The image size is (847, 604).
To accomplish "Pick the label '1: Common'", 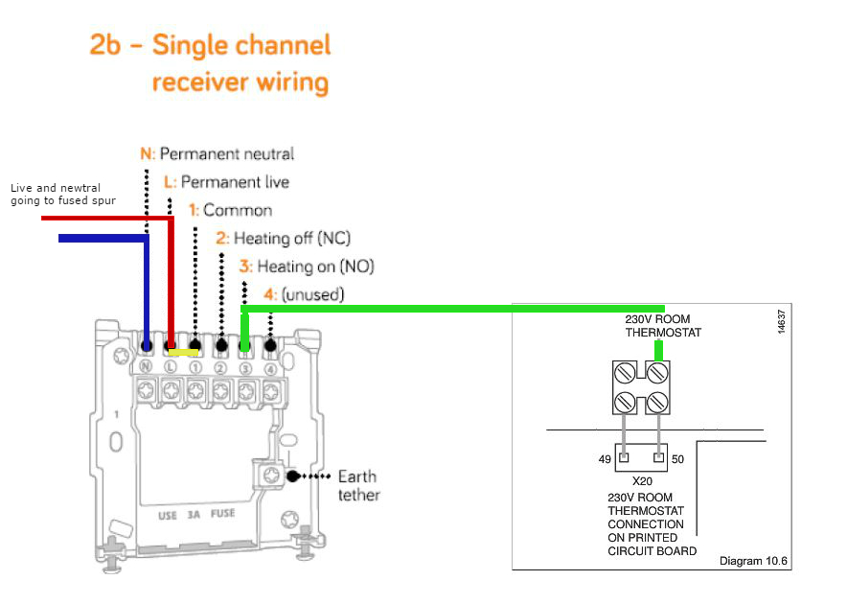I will click(230, 210).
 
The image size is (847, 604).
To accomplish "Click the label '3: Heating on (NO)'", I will click(307, 266).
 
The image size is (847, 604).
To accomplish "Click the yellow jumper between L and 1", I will click(183, 352).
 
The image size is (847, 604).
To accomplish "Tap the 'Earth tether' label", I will click(358, 485).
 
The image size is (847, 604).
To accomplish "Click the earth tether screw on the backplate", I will click(270, 476).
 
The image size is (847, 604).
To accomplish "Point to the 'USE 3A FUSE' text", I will click(196, 515).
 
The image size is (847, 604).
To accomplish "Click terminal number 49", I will click(605, 460).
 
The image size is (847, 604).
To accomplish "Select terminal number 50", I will click(677, 460).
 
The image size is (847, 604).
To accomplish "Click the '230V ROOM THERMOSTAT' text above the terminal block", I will click(657, 326).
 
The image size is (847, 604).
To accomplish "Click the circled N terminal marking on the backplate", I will click(147, 366).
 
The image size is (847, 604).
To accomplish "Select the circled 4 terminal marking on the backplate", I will click(270, 366).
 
